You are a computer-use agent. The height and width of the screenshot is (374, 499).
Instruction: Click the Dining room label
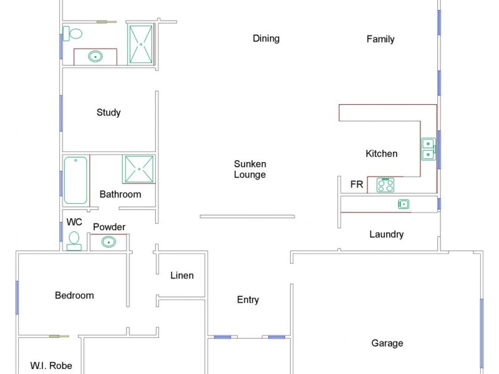(x=266, y=39)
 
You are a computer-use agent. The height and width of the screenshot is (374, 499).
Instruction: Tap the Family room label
(x=380, y=39)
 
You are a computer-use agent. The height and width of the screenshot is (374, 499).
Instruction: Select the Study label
(x=109, y=113)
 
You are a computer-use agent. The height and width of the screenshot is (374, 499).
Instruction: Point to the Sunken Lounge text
(x=250, y=170)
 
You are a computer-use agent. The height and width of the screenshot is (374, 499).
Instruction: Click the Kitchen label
(x=381, y=154)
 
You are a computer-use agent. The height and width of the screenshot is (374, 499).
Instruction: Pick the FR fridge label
(x=357, y=185)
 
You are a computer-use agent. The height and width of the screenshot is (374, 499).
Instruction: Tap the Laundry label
(x=387, y=234)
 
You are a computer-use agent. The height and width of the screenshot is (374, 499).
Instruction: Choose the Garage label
(x=387, y=343)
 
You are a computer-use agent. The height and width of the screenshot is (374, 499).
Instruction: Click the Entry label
(x=248, y=300)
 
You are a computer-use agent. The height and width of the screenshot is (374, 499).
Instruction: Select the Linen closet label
(x=182, y=276)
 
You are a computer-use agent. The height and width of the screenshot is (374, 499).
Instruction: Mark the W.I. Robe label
(x=51, y=366)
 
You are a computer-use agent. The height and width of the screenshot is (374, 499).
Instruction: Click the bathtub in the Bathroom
(x=76, y=180)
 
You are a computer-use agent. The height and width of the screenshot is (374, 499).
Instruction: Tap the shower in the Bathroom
(x=138, y=169)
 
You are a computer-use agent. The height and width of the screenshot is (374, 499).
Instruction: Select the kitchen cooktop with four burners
(x=385, y=185)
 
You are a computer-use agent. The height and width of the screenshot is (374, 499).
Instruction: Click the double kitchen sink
(x=428, y=149)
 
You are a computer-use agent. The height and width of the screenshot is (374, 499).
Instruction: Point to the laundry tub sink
(x=404, y=204)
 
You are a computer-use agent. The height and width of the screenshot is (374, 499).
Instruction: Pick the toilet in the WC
(x=74, y=240)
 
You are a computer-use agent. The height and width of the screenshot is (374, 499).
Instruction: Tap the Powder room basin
(x=109, y=242)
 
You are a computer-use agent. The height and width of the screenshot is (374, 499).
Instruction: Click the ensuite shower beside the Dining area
(x=141, y=44)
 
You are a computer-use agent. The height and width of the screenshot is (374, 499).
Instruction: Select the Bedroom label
(x=74, y=295)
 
